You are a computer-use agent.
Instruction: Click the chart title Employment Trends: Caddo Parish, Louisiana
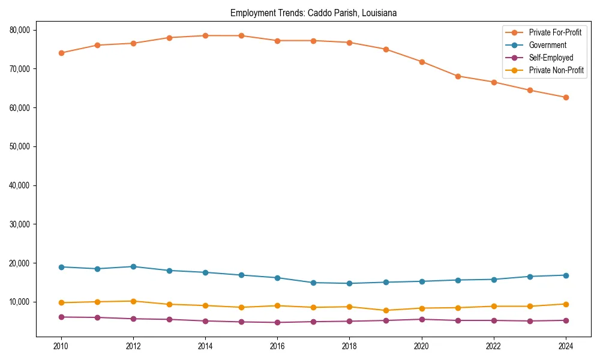(313, 13)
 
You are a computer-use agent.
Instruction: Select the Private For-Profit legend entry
(555, 32)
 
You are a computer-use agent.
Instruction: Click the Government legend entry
(547, 45)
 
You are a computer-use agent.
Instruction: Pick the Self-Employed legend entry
(551, 58)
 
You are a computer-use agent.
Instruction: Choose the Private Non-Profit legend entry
(556, 70)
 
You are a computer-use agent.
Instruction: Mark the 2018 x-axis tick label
(349, 346)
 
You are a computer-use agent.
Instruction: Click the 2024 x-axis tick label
(566, 346)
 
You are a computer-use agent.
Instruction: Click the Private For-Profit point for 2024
(566, 97)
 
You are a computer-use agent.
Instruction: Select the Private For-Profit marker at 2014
(205, 35)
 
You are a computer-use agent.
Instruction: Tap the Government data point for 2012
(133, 266)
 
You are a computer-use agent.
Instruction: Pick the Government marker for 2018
(349, 283)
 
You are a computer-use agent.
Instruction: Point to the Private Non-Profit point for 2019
(385, 310)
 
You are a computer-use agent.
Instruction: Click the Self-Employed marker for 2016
(277, 322)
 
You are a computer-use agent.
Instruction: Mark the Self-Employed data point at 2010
(61, 317)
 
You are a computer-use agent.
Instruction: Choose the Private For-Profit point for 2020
(421, 62)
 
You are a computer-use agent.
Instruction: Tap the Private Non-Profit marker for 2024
(566, 304)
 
